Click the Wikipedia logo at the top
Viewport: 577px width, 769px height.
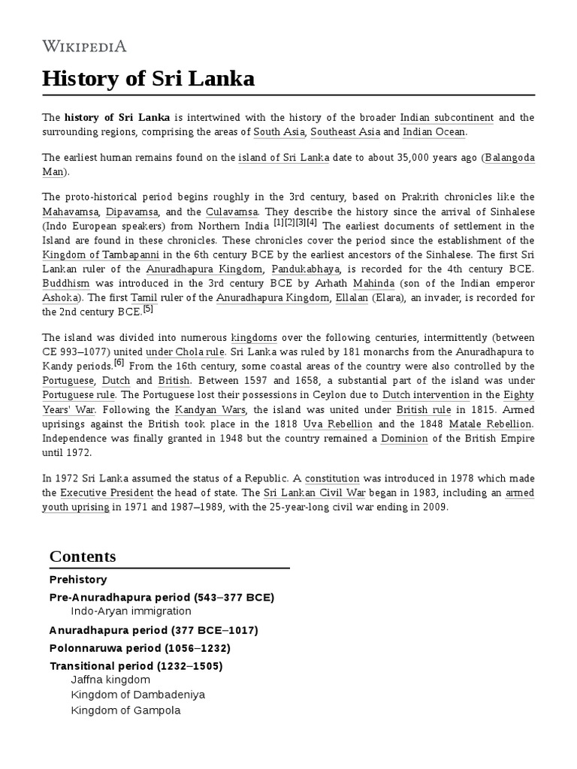(84, 47)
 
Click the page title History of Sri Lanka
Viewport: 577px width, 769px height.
(148, 78)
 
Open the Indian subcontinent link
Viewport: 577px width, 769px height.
(447, 118)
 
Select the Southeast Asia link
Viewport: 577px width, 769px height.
(345, 132)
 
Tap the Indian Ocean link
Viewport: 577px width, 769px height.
(434, 132)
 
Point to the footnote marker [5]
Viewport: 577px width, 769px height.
(147, 309)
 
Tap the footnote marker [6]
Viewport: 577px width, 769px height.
(119, 363)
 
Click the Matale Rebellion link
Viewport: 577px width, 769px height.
(490, 424)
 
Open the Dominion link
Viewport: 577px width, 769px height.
(404, 438)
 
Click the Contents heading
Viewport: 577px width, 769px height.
(83, 556)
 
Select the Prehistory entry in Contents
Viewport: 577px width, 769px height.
(78, 580)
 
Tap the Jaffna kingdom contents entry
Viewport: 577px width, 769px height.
(110, 680)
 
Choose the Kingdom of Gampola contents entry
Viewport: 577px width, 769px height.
(125, 710)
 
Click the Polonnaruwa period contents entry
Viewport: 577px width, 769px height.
(140, 648)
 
